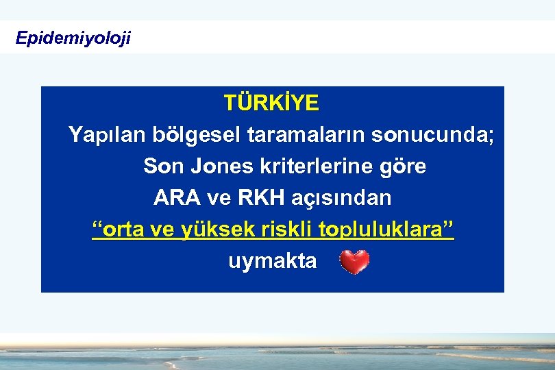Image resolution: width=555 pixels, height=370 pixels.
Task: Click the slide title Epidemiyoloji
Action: pyautogui.click(x=73, y=38)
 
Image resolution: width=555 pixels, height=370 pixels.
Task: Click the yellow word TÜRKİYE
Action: pyautogui.click(x=271, y=103)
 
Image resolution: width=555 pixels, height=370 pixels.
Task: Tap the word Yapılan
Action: pyautogui.click(x=107, y=136)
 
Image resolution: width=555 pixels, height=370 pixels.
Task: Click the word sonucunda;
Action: pyautogui.click(x=432, y=135)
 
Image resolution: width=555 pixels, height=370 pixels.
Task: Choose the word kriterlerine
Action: pyautogui.click(x=314, y=166)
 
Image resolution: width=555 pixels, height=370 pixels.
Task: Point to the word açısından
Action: pyautogui.click(x=343, y=198)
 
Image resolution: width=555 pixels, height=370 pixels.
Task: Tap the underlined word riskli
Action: pyautogui.click(x=288, y=230)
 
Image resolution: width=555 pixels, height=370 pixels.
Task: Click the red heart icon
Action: pyautogui.click(x=355, y=262)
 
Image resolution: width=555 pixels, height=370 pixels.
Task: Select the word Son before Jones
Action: pyautogui.click(x=164, y=166)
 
